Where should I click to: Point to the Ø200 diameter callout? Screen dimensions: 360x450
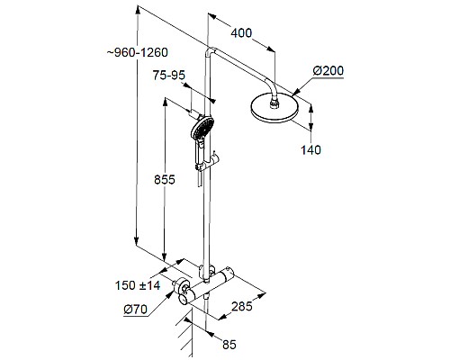[x=328, y=69]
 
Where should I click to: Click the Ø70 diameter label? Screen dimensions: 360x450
[x=137, y=311]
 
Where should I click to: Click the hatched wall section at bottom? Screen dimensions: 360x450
[x=189, y=337]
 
